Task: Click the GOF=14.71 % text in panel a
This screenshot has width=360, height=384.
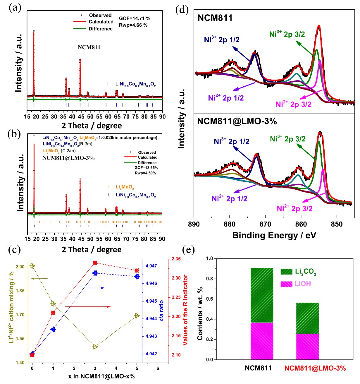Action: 135,18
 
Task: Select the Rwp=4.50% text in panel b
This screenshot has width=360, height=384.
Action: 145,173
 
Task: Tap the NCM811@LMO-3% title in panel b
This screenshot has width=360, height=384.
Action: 68,158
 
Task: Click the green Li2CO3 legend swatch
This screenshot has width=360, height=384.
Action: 286,272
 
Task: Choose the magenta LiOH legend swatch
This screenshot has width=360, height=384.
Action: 286,284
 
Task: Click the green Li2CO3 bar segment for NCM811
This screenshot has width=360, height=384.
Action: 262,295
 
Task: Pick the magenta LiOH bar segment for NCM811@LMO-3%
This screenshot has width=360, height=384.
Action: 307,347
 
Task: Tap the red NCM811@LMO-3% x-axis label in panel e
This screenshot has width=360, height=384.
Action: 315,368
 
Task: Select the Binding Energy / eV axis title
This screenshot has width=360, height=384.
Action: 274,235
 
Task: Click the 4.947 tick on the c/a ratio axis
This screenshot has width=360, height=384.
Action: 151,266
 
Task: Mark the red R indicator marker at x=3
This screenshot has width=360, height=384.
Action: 95,263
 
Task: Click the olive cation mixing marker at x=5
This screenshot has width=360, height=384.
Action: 137,316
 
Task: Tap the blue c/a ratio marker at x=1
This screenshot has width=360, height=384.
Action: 53,329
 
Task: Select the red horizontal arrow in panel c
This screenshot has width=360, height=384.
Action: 88,307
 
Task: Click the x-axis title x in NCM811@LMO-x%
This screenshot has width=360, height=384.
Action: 101,376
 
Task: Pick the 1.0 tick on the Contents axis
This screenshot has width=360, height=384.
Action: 209,259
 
